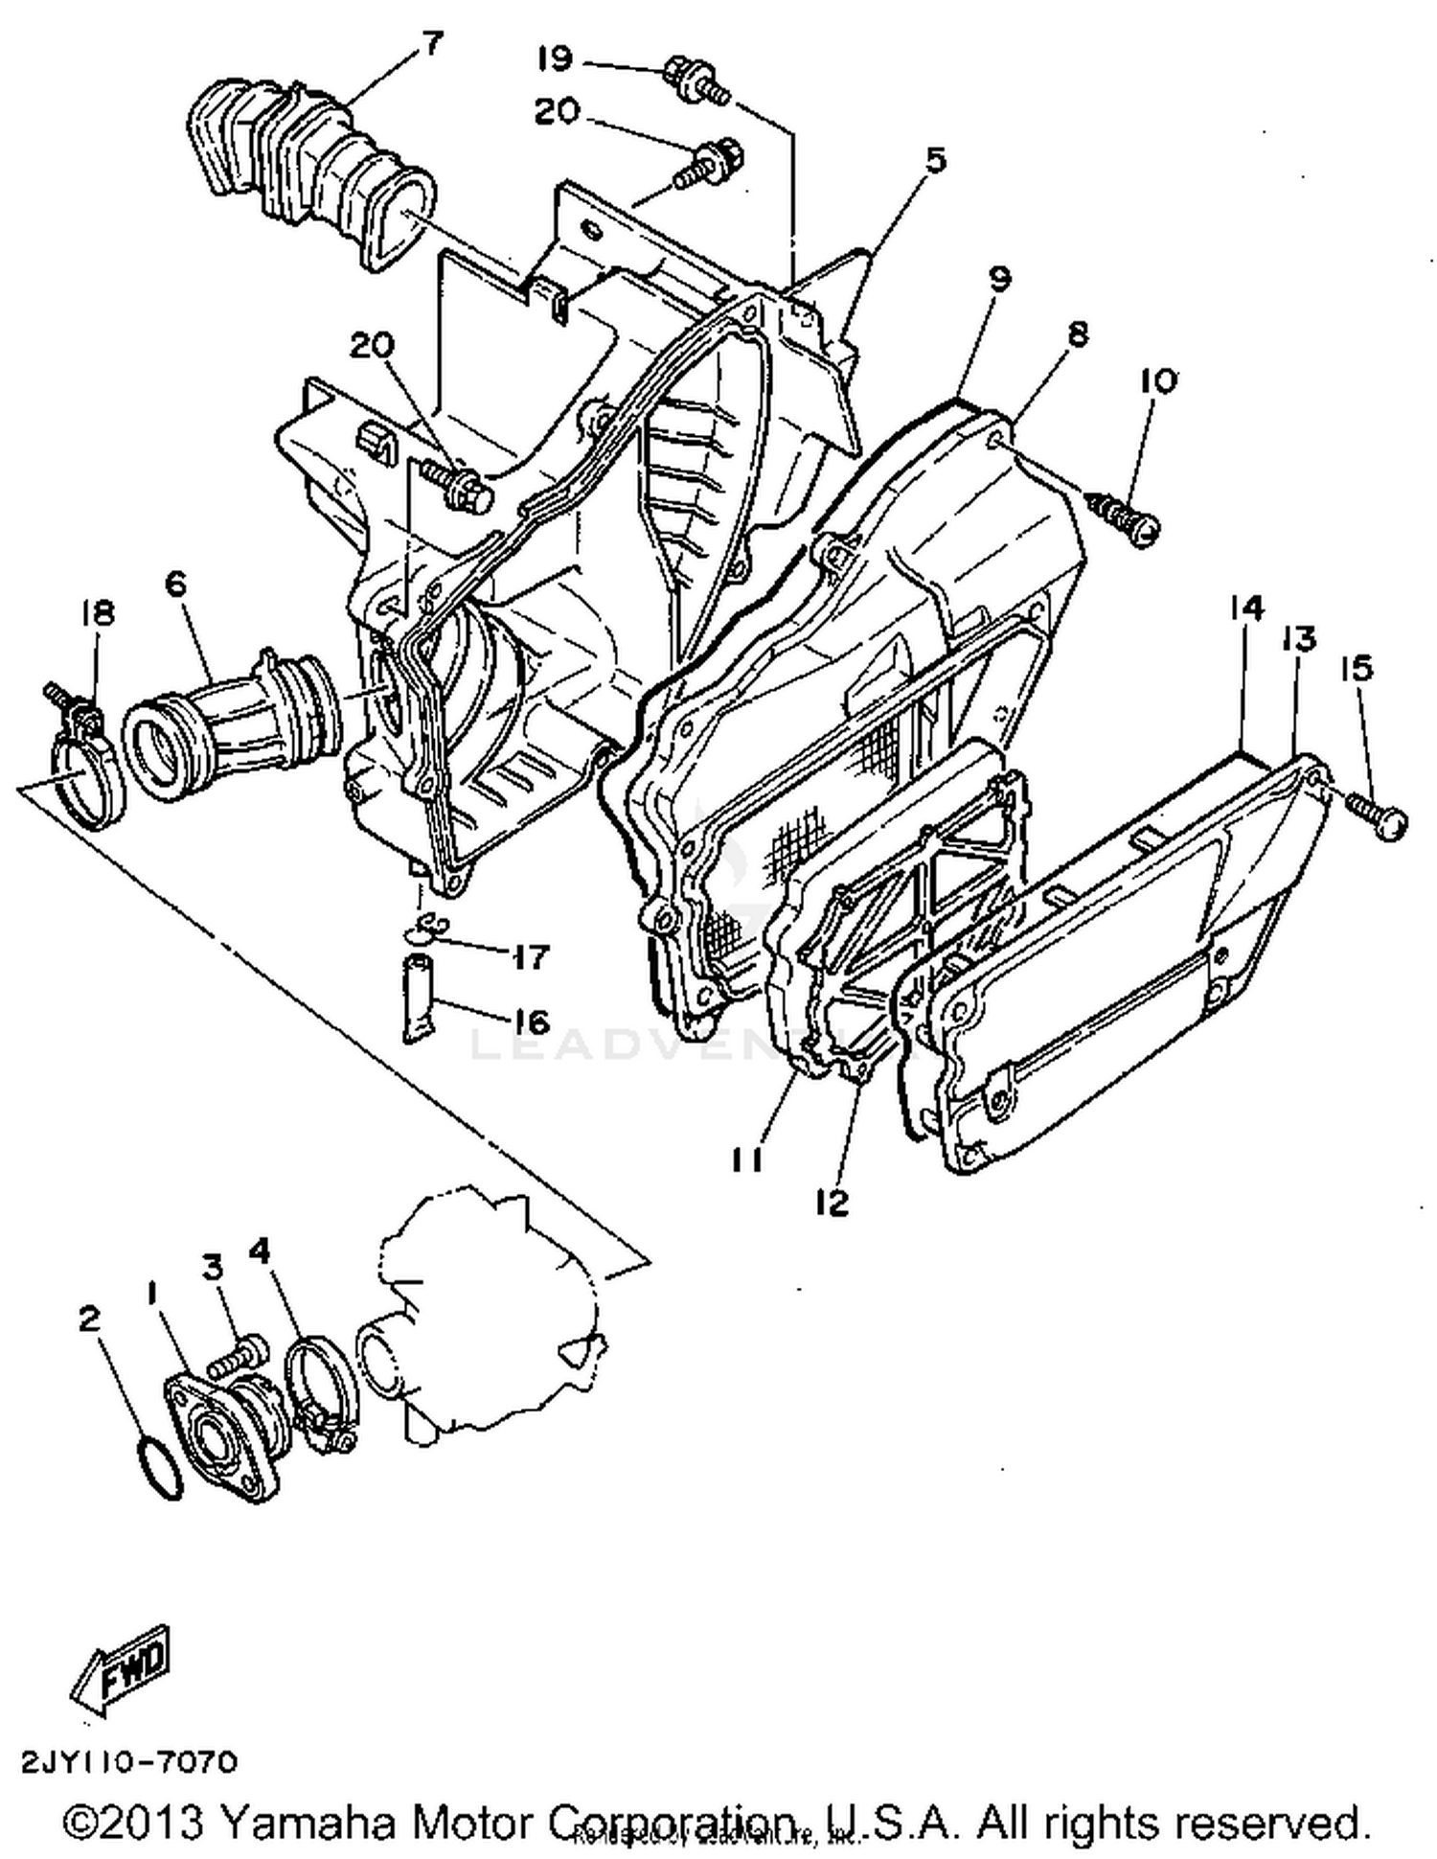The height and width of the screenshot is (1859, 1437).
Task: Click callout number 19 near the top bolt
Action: (554, 59)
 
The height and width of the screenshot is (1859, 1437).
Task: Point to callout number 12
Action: (833, 1203)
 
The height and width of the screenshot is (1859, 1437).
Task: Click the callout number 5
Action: (934, 159)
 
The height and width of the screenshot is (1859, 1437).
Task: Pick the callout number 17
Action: (530, 955)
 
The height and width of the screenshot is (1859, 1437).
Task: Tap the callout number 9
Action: (998, 279)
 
